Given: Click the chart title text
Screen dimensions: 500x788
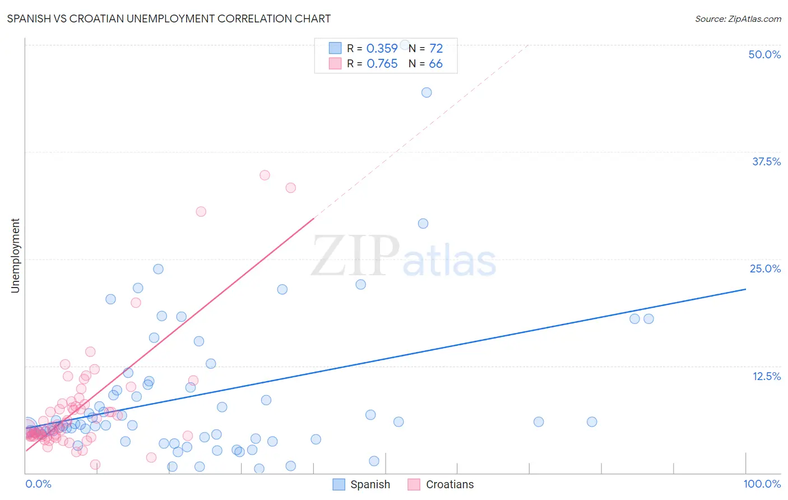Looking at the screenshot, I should click(x=169, y=18).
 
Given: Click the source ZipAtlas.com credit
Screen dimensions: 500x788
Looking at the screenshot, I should click(x=738, y=18).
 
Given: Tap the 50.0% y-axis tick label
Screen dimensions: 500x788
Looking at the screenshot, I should click(x=764, y=54).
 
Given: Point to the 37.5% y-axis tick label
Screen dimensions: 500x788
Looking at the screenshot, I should click(x=766, y=161).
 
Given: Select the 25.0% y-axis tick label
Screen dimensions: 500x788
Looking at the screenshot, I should click(x=765, y=268).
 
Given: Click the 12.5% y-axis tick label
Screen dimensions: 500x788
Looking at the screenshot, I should click(x=766, y=376).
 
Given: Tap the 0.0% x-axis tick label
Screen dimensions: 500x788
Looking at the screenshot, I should click(x=38, y=484).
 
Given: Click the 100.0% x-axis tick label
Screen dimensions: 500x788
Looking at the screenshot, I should click(x=762, y=484).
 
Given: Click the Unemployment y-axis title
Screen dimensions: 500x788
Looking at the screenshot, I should click(x=15, y=256).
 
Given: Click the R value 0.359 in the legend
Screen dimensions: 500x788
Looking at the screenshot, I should click(x=382, y=48).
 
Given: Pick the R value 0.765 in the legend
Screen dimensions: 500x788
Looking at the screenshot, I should click(x=382, y=64).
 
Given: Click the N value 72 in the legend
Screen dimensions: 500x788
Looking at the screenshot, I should click(x=436, y=48).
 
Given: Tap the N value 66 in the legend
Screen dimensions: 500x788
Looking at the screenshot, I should click(x=435, y=64).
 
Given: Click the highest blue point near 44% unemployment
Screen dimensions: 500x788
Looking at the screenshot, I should click(x=427, y=92).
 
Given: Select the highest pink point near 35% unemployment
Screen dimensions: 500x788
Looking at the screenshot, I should click(x=265, y=175).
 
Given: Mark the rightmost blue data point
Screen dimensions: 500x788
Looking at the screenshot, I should click(x=648, y=319).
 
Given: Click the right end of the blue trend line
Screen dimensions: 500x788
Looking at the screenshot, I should click(x=745, y=289).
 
